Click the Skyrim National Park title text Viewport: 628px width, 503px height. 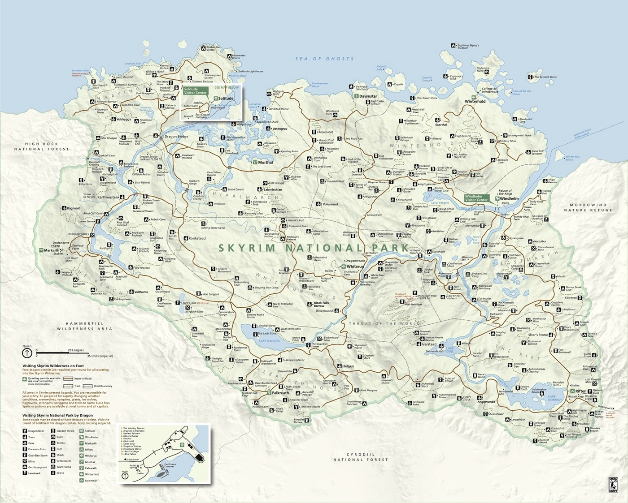coord(314,248)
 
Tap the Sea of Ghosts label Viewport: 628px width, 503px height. coord(324,59)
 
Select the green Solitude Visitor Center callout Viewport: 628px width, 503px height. coord(195,90)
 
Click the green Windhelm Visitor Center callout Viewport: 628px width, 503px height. coord(476,198)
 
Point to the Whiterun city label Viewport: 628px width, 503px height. coord(355,267)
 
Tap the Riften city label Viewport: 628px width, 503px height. coord(581,391)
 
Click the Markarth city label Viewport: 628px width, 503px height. coord(51,250)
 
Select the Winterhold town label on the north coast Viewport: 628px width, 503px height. coord(475,101)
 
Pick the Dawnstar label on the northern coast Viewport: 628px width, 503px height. coord(368,96)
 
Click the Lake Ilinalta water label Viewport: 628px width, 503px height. coord(269,341)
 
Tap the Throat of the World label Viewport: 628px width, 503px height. coord(384,323)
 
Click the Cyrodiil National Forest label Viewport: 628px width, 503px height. coord(360,457)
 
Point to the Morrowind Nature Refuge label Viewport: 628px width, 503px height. coord(588,207)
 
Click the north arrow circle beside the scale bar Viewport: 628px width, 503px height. coord(27,353)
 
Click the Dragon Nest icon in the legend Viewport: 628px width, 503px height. coord(25,431)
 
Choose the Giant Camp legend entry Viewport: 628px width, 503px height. coord(64,467)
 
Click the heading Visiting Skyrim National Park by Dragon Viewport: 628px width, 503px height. coord(57,415)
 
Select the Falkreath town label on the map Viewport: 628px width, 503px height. coord(280,393)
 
